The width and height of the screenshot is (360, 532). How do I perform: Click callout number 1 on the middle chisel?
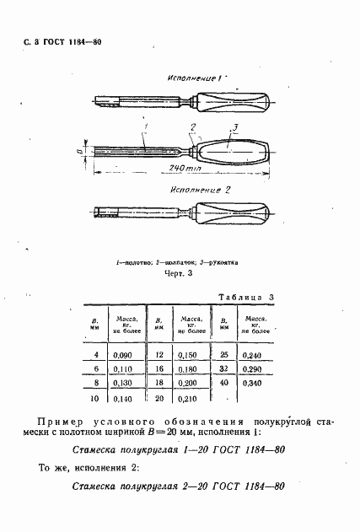tap(146, 128)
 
